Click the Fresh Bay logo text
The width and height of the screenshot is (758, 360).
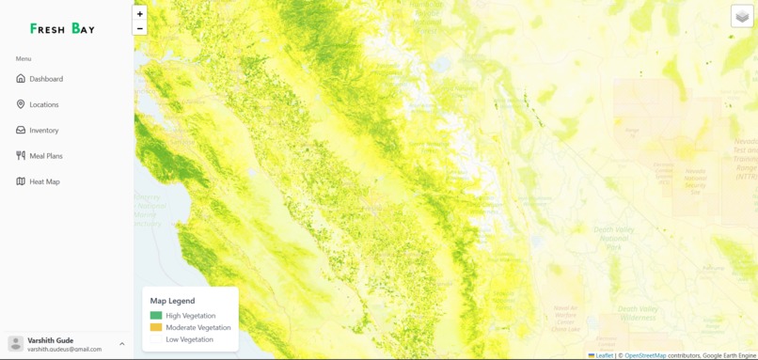point(62,29)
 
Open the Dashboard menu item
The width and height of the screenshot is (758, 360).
point(46,79)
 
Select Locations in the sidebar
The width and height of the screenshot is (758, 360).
point(43,104)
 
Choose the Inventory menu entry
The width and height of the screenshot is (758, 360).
point(43,131)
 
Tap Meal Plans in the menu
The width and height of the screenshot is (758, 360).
point(45,156)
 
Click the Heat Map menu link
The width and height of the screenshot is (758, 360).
point(44,181)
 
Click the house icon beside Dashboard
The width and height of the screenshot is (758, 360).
point(21,79)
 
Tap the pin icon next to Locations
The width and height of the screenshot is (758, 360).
point(21,104)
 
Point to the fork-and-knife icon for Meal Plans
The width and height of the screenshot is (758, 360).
point(21,156)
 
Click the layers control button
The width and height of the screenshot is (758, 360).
point(742,16)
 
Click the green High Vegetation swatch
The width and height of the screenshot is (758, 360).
point(156,316)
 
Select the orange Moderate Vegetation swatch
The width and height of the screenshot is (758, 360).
point(156,328)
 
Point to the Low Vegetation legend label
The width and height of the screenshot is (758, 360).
point(189,339)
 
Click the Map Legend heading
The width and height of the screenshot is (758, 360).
point(172,301)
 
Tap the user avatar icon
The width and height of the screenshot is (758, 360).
point(16,344)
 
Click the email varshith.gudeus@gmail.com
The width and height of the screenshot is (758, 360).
point(64,350)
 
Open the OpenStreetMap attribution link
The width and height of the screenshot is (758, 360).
point(645,355)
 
